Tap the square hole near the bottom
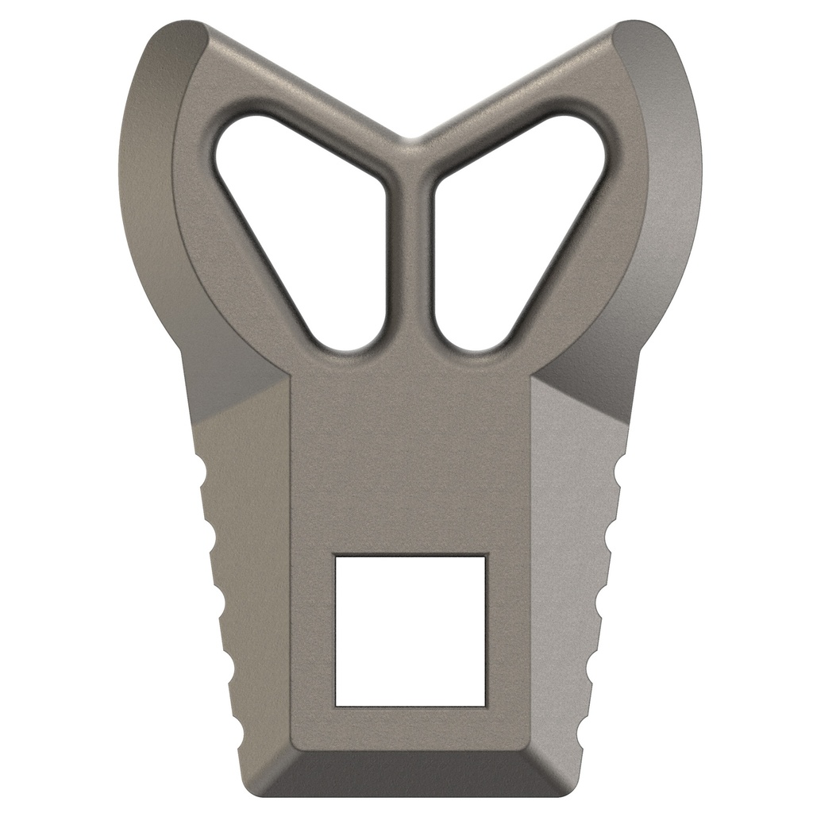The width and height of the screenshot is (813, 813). (x=410, y=630)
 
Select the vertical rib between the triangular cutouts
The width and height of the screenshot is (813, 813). (x=410, y=254)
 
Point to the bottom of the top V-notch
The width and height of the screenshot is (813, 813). (x=410, y=141)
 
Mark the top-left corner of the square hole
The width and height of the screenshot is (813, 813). (x=336, y=556)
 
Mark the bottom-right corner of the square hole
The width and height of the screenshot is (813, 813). (x=484, y=705)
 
